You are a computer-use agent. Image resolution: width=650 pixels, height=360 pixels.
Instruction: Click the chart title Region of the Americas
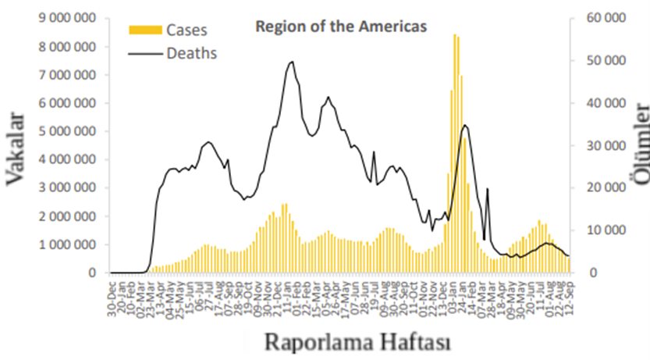coord(341,27)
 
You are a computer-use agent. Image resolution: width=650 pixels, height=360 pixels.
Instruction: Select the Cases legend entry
coord(186,30)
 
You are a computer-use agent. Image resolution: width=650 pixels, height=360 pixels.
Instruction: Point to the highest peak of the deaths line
coord(292,62)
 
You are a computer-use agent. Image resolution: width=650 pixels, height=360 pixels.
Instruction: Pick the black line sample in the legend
coord(145,53)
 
